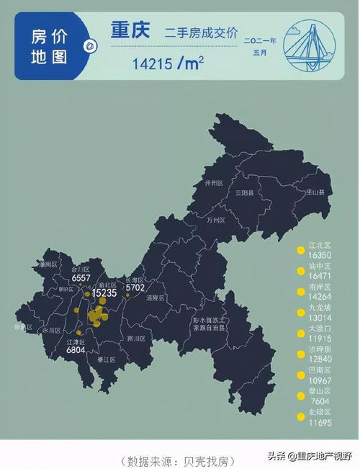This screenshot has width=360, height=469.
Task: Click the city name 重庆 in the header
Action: point(130,31)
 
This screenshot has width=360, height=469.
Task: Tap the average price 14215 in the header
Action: point(153,63)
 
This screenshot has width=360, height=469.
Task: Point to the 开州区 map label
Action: point(215,184)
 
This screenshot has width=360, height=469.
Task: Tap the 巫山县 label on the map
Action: point(315,192)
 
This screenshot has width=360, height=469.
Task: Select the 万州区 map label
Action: point(216,220)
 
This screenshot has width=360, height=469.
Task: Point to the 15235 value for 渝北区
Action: point(104,292)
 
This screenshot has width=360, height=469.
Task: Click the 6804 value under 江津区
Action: point(76,349)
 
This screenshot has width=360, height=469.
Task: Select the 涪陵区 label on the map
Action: point(155,298)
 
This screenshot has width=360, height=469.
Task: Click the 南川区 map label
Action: point(136,337)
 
